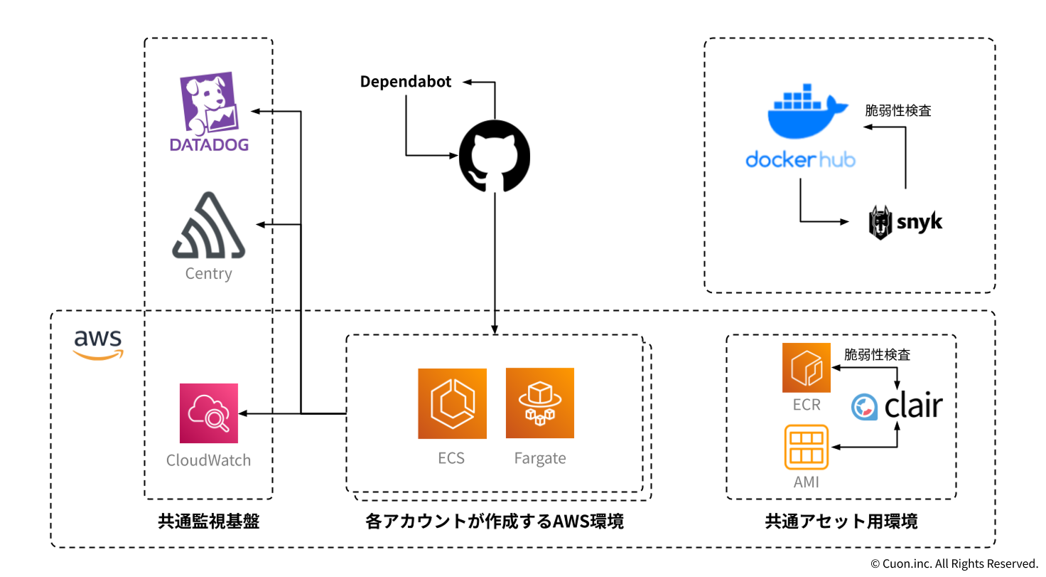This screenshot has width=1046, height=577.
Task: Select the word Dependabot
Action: pyautogui.click(x=406, y=82)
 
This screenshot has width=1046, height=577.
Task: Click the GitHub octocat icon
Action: pyautogui.click(x=495, y=157)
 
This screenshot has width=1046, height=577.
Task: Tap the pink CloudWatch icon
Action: pyautogui.click(x=209, y=413)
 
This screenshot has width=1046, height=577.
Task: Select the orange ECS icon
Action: pyautogui.click(x=452, y=403)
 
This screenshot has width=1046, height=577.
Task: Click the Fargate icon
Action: pyautogui.click(x=540, y=403)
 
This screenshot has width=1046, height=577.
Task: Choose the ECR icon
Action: pyautogui.click(x=807, y=368)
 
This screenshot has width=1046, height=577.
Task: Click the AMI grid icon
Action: pyautogui.click(x=807, y=448)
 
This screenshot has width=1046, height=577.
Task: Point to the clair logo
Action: pyautogui.click(x=897, y=407)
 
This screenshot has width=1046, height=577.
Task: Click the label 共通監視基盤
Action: pyautogui.click(x=208, y=522)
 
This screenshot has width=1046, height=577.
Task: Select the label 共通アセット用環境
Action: pyautogui.click(x=841, y=522)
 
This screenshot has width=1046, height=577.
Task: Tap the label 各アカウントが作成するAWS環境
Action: pyautogui.click(x=495, y=522)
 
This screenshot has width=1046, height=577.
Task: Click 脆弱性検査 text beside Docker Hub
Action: pyautogui.click(x=898, y=111)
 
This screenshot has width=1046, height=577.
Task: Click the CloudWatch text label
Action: pyautogui.click(x=208, y=460)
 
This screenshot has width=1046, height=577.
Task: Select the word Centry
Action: pyautogui.click(x=208, y=273)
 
